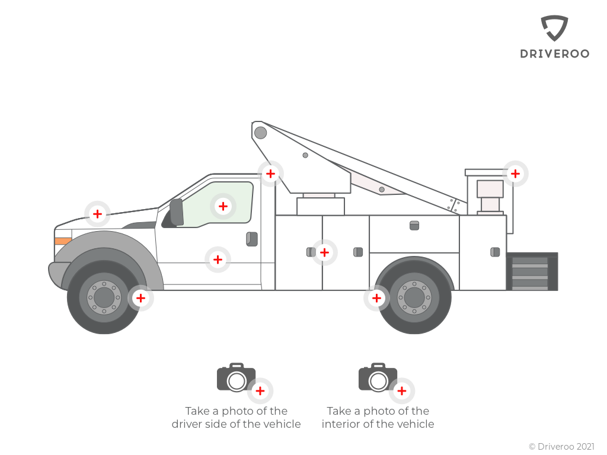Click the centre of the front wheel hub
point(104,297)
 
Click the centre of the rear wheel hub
point(414,297)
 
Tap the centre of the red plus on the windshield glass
point(223,206)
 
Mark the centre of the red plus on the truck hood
point(98,213)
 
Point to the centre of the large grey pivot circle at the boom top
point(261,133)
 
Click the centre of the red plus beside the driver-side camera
point(260,391)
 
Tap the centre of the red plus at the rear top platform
point(515,174)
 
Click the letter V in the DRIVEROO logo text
point(548,54)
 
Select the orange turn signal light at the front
point(63,241)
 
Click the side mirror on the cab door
point(177,212)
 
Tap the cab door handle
point(252,239)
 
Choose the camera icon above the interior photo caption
point(378,377)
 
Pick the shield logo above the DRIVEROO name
point(554,28)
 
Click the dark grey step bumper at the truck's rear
point(532,271)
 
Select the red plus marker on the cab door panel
point(218,259)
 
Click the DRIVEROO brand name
point(554,54)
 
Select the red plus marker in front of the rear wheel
point(376,298)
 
